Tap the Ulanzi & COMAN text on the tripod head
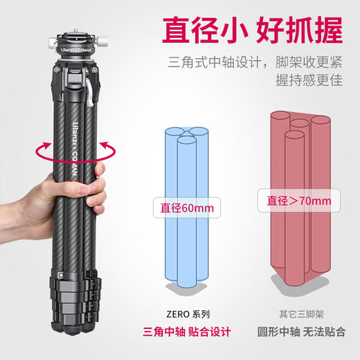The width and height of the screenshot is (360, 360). [x=76, y=50]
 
